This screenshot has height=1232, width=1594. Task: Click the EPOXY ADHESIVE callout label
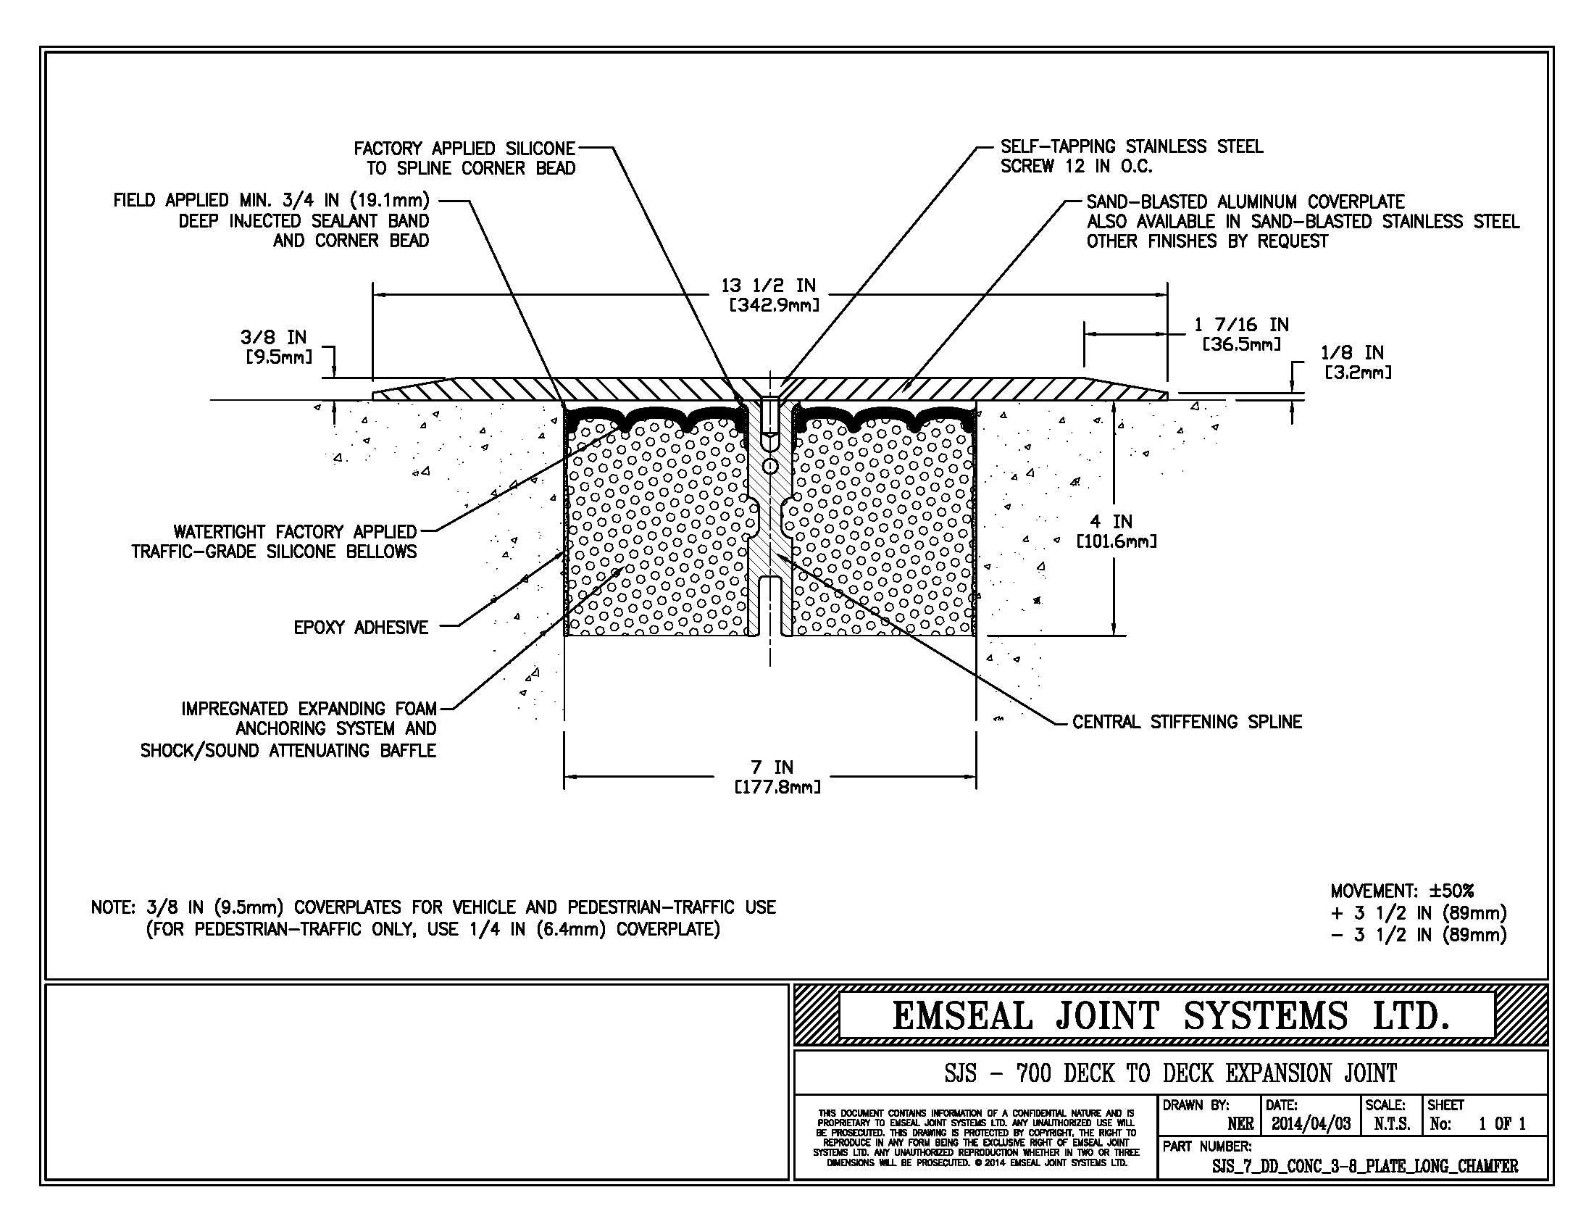coord(361,627)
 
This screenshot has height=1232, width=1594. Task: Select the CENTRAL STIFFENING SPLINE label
coord(1187,722)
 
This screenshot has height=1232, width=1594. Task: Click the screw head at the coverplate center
coord(770,403)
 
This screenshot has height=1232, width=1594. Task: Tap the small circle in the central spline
coord(769,465)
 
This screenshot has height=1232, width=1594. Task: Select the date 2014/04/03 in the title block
coord(1311,1123)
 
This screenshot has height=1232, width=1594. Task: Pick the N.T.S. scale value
coord(1392,1123)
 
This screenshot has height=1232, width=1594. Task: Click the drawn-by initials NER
coord(1240,1123)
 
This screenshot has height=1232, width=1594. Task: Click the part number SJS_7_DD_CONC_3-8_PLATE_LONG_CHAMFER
coord(1365,1165)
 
